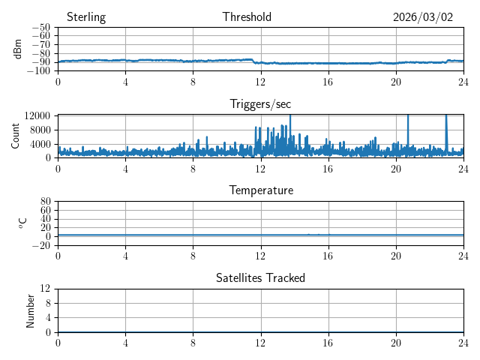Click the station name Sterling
pos(86,17)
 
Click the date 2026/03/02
pos(423,17)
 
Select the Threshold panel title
pos(247,17)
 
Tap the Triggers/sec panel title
pos(260,104)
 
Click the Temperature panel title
pos(260,190)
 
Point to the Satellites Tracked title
pos(260,278)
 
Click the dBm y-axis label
pos(18,49)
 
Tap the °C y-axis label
pos(22,223)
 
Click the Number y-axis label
pos(31,310)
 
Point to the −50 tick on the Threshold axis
pos(41,28)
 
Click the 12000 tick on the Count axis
pos(37,115)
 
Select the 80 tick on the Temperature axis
pos(46,202)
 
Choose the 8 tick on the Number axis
pos(47,303)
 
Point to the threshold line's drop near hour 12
pos(256,61)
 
